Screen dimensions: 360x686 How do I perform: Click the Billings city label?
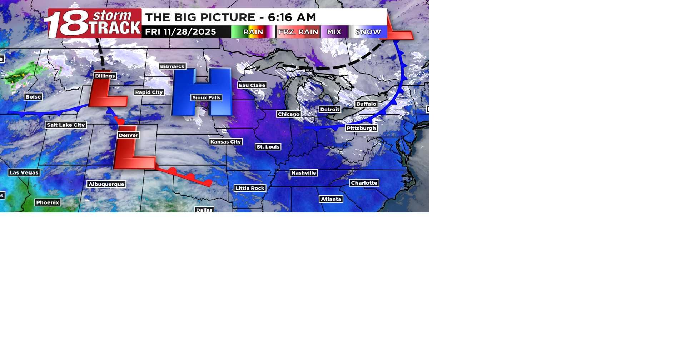click(105, 76)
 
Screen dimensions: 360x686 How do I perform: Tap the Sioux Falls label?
click(206, 98)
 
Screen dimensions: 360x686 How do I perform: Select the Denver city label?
click(128, 135)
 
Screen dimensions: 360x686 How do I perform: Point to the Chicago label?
click(289, 114)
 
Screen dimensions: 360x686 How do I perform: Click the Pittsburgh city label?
click(361, 128)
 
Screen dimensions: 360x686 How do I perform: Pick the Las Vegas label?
click(24, 173)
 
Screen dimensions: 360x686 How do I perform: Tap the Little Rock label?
click(250, 188)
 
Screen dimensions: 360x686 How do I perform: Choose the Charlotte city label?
click(364, 183)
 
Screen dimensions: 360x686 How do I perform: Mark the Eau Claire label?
click(252, 85)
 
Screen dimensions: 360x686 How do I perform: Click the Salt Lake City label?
click(66, 125)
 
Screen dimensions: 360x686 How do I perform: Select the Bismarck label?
click(172, 66)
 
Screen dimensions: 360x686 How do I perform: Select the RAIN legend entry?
click(253, 32)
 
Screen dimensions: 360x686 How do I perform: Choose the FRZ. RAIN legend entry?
click(298, 32)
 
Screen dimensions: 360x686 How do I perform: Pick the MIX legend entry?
click(334, 32)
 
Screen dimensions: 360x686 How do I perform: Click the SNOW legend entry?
click(368, 32)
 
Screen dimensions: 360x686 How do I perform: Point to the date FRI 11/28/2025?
click(180, 32)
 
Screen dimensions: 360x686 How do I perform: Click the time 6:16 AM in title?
click(292, 17)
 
